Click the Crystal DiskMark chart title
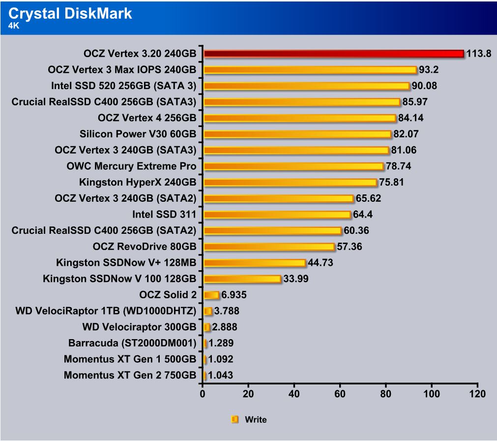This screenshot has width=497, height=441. pyautogui.click(x=70, y=13)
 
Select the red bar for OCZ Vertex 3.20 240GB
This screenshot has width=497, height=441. pyautogui.click(x=333, y=54)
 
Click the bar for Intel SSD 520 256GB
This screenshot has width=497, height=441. pyautogui.click(x=306, y=86)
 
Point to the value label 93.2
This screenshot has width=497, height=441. pyautogui.click(x=428, y=70)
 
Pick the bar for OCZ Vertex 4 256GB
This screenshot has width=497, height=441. pyautogui.click(x=299, y=118)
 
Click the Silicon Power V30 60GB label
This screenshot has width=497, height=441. pyautogui.click(x=138, y=134)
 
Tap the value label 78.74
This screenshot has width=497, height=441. pyautogui.click(x=398, y=166)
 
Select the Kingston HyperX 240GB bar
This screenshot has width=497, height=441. pyautogui.click(x=290, y=183)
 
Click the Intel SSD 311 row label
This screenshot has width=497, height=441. pyautogui.click(x=164, y=215)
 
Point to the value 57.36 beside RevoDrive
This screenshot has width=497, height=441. pyautogui.click(x=349, y=247)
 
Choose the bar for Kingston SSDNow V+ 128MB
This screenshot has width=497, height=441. pyautogui.click(x=255, y=263)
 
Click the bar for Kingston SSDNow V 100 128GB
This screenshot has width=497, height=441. pyautogui.click(x=242, y=279)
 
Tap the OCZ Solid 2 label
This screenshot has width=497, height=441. pyautogui.click(x=168, y=295)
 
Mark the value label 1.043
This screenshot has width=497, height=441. pyautogui.click(x=221, y=376)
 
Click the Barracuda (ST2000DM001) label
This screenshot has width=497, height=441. pyautogui.click(x=133, y=343)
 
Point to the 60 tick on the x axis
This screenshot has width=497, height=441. pyautogui.click(x=340, y=394)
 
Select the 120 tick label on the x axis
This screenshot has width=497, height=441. pyautogui.click(x=476, y=394)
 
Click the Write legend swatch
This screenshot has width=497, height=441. pyautogui.click(x=234, y=420)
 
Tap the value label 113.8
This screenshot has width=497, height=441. pyautogui.click(x=479, y=54)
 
